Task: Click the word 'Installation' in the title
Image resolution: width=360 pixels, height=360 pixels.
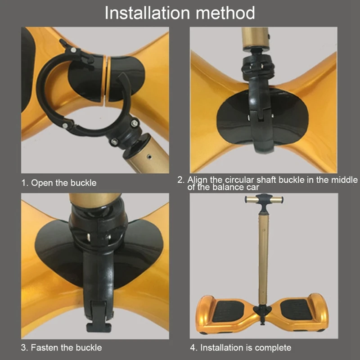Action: click(x=147, y=13)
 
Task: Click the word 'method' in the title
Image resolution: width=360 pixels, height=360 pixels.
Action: click(x=225, y=13)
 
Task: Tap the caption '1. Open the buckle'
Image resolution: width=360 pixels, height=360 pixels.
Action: click(x=59, y=183)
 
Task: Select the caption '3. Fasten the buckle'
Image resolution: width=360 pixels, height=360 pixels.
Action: click(x=61, y=347)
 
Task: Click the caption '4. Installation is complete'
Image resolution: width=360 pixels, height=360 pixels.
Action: click(x=241, y=347)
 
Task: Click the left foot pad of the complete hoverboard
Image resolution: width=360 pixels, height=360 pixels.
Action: click(x=228, y=311)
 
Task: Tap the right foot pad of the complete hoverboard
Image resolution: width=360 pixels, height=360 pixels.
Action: click(x=296, y=310)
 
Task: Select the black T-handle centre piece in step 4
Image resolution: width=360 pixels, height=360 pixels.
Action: click(x=264, y=201)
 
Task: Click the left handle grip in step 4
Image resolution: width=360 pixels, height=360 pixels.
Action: click(x=251, y=199)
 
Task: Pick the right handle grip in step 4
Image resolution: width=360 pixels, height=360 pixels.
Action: click(x=277, y=200)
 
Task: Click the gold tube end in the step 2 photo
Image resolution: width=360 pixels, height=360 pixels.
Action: click(x=255, y=38)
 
